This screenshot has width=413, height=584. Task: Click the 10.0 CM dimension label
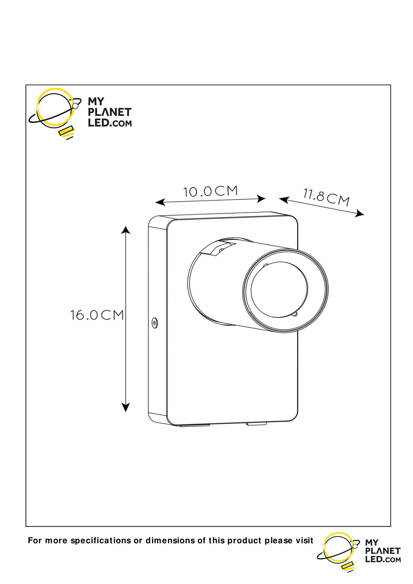(210, 192)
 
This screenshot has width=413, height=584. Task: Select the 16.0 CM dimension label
(97, 315)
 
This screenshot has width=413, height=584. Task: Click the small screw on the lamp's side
(155, 323)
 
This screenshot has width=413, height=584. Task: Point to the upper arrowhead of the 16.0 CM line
(125, 230)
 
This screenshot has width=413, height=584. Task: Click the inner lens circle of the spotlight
(279, 289)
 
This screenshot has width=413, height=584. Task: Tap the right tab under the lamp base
(256, 424)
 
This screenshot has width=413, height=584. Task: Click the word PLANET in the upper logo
(110, 112)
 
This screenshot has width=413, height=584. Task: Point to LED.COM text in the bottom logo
(383, 559)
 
